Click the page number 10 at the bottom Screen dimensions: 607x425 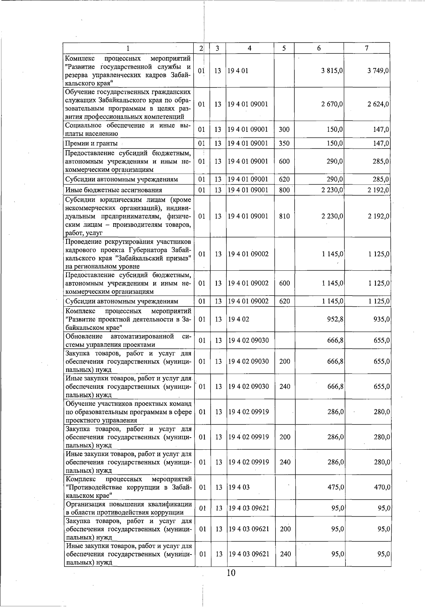[x=231, y=573]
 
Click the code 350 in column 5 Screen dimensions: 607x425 [x=284, y=143]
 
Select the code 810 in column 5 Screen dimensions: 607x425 [x=284, y=216]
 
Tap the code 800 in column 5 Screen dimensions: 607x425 [x=284, y=190]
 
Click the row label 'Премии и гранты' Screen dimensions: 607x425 [x=91, y=143]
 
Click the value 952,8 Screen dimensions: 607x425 [x=335, y=319]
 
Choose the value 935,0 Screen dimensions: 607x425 [x=382, y=319]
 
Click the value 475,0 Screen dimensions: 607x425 [x=335, y=487]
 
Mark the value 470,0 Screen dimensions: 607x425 [x=382, y=487]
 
